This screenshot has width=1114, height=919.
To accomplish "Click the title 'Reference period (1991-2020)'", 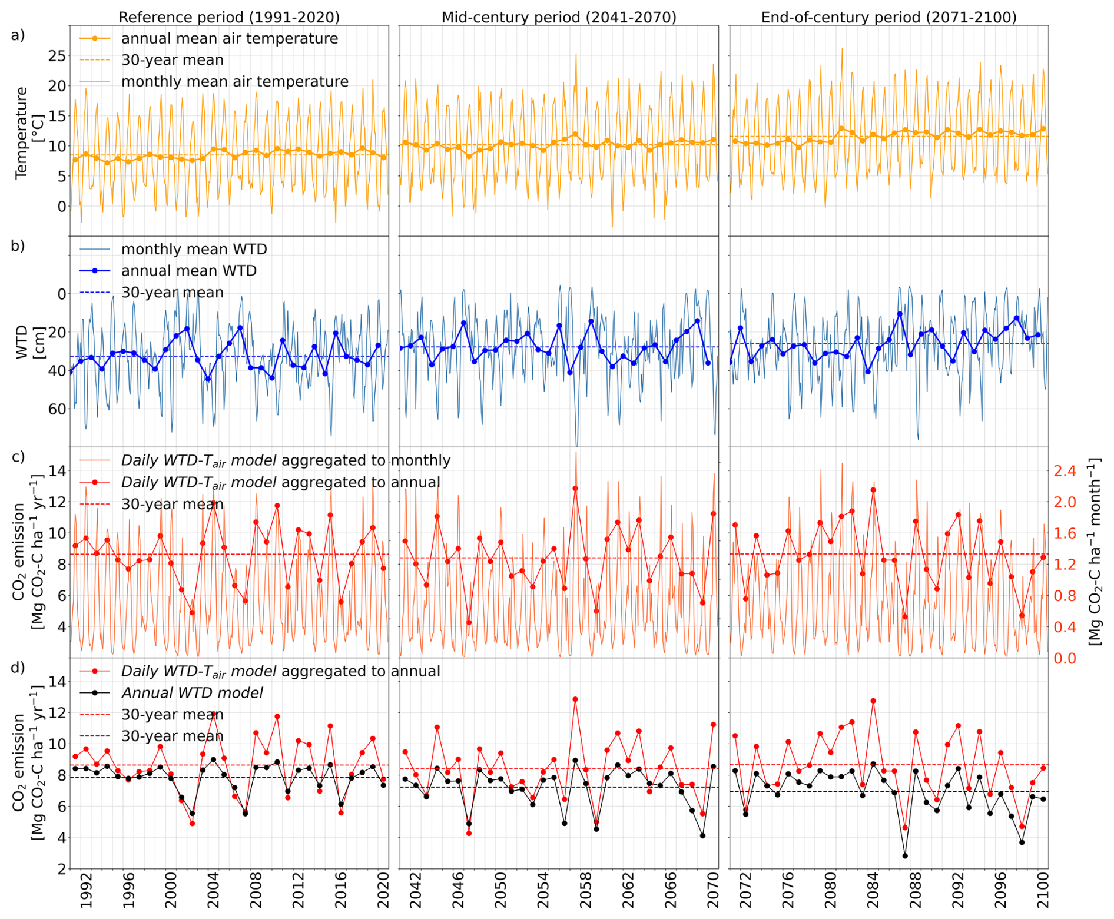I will coord(229,17).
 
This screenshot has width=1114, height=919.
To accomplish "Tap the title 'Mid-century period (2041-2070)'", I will coord(559,17).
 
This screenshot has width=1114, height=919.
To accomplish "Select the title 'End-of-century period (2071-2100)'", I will coord(888,17).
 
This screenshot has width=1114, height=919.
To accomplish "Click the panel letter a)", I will coord(18,35).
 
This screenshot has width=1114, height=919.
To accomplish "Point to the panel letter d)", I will coord(18,667).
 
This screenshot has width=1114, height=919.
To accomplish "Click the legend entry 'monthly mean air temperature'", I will coord(234,81).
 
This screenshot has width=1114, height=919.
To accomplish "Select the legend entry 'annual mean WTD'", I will coord(188,271).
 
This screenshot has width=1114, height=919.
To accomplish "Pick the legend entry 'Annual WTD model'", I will coord(192,693).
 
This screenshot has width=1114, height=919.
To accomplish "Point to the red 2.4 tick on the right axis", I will coord(1064,471).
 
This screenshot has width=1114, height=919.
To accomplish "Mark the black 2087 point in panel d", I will coord(905,855).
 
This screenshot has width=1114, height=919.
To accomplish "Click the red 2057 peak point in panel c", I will coord(575,488).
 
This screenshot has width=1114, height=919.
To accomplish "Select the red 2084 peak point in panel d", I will coord(873,701).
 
